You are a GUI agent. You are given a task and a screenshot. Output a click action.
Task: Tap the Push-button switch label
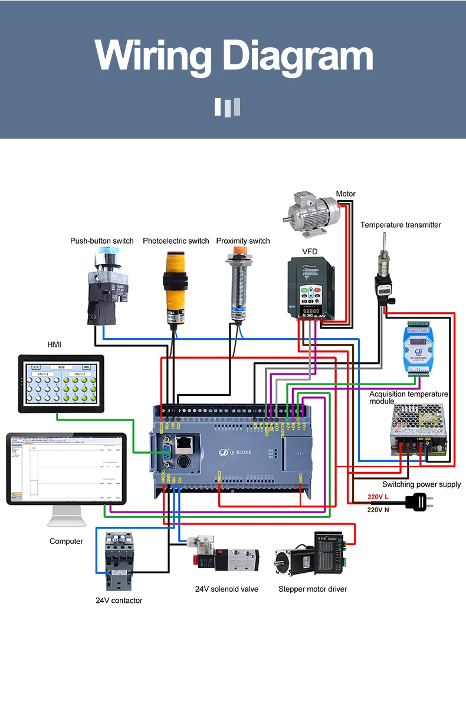101,241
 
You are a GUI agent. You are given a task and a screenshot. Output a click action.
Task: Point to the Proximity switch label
242,241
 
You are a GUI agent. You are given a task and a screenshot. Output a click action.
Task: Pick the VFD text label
310,251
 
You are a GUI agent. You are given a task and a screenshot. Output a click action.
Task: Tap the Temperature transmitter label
401,225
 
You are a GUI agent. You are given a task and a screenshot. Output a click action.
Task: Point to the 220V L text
378,497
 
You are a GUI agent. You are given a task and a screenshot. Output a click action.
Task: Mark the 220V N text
378,510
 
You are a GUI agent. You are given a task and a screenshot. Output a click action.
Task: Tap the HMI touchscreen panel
61,384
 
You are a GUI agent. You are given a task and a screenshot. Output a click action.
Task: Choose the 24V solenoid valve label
227,589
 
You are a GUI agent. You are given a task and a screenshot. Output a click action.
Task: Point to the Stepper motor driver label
313,589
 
